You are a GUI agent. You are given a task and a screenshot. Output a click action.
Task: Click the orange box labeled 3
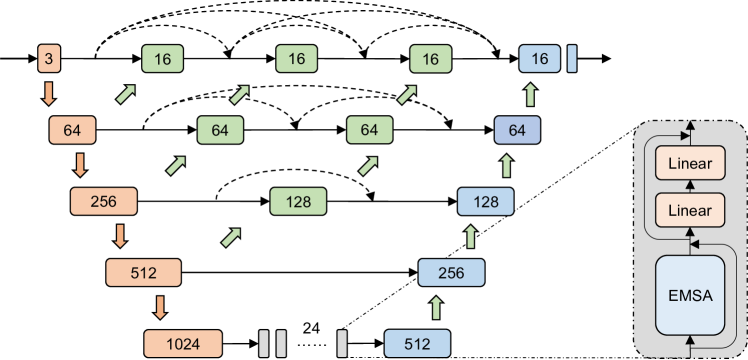tap(48, 59)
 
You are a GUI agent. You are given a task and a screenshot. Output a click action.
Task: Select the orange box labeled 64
tap(71, 130)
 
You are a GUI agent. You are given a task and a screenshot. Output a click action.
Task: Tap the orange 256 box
tap(103, 201)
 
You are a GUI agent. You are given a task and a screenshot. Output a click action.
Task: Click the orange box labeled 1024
tap(183, 343)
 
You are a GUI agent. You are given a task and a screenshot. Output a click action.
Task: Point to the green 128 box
tap(299, 201)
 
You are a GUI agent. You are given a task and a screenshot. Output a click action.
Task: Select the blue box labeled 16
tap(540, 59)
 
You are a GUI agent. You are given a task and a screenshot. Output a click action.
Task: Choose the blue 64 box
tap(517, 130)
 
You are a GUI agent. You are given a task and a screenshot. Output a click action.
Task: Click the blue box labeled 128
tap(485, 201)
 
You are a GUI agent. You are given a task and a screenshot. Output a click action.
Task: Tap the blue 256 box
tap(450, 272)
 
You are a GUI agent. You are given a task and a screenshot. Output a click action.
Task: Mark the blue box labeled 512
tap(417, 343)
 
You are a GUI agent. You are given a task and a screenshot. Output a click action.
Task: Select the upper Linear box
tap(689, 163)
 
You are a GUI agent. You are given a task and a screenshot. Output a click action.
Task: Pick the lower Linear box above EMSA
tap(689, 210)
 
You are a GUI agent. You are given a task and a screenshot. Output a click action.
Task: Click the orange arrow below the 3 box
tap(47, 95)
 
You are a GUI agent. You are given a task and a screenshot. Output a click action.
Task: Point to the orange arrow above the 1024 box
tap(159, 307)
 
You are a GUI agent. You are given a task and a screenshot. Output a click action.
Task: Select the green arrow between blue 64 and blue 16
tap(531, 95)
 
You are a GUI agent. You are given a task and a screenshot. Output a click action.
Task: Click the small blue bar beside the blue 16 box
tap(572, 59)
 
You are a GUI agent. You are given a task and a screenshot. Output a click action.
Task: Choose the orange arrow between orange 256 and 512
tap(121, 236)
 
